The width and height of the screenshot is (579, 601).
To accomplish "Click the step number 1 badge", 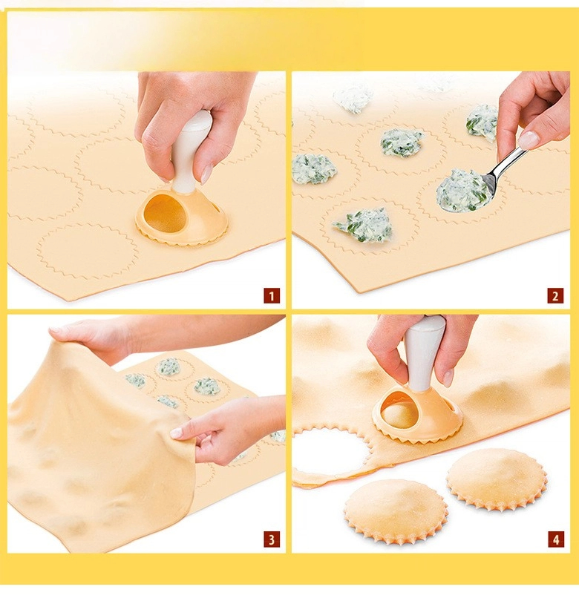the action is [x=272, y=296].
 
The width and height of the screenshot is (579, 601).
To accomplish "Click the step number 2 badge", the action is [x=555, y=296].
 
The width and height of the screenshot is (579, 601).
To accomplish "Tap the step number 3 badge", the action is [x=272, y=539].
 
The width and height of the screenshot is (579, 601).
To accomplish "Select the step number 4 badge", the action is [x=555, y=539].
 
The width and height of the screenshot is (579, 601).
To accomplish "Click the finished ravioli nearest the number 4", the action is [x=497, y=480].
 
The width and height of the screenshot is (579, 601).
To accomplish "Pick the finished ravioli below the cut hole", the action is [x=396, y=512].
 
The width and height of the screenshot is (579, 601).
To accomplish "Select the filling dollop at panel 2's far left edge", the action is [x=314, y=168].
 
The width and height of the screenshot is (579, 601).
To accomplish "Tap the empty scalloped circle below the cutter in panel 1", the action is [x=88, y=252].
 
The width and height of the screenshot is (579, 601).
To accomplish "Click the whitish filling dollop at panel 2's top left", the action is [x=353, y=99].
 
